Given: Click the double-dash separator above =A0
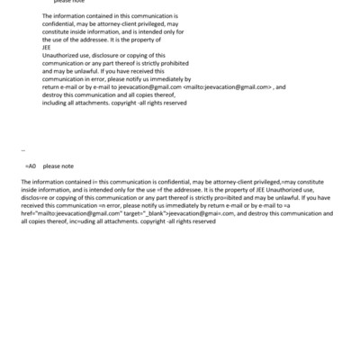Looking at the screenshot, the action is click(22, 151).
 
